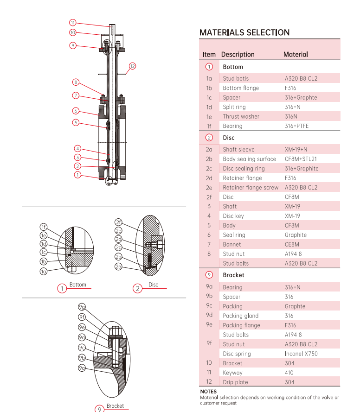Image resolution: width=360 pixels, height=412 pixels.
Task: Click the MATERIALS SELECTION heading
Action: pos(244,32)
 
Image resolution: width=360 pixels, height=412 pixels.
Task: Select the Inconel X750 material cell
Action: pos(301,354)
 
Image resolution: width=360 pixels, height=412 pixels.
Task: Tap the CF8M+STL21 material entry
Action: pos(301,159)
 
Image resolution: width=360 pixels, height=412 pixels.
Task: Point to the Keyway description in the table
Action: pos(232,373)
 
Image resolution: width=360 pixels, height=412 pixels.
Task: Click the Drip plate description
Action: pos(235,382)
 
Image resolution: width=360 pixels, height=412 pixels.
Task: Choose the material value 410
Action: pos(289,373)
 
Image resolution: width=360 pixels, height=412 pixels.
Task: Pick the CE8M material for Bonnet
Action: pos(292,244)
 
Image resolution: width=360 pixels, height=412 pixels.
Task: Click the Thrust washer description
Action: pos(241,116)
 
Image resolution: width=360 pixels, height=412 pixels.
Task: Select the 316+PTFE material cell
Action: pos(296,126)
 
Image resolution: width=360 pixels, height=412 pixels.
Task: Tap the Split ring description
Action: pos(234,107)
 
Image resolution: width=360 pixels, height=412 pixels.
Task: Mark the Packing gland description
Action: pos(240,316)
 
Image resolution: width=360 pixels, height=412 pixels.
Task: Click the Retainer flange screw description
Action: pos(251,188)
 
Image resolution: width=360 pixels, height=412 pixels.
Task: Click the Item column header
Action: pos(209,55)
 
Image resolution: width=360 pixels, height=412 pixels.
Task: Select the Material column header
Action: pos(296,55)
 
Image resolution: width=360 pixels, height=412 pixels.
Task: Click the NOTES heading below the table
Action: pos(208,392)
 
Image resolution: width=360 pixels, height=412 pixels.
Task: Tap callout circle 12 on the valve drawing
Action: pos(132,66)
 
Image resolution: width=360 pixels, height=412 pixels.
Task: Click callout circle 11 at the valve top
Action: pos(73,22)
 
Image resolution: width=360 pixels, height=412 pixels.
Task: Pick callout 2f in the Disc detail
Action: pos(118,222)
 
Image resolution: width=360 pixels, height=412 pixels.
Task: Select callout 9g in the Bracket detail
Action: pos(82,307)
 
